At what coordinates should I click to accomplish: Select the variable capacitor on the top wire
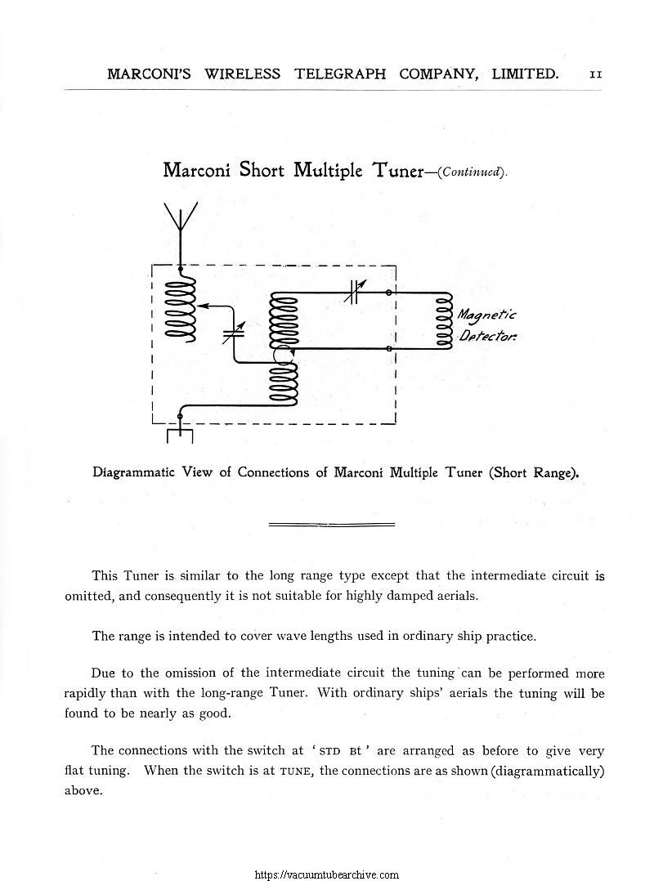click(x=353, y=292)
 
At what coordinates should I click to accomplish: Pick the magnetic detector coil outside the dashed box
click(x=445, y=320)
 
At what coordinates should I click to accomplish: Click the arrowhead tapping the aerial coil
click(x=203, y=305)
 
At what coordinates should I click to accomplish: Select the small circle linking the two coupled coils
click(x=284, y=356)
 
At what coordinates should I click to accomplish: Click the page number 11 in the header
click(x=596, y=74)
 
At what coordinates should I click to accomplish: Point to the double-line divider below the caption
click(x=331, y=523)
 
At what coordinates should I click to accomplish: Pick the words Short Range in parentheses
click(x=533, y=472)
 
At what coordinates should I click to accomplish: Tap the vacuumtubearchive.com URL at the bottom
click(x=327, y=874)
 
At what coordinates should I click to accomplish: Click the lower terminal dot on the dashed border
click(x=390, y=349)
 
